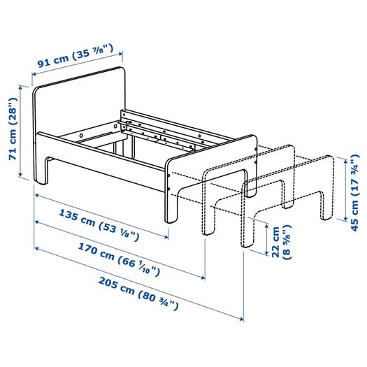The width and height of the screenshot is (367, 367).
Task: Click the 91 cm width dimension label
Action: pyautogui.click(x=75, y=56)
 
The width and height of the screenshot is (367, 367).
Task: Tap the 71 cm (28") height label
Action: pyautogui.click(x=13, y=129)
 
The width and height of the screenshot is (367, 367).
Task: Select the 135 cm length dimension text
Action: pyautogui.click(x=99, y=225)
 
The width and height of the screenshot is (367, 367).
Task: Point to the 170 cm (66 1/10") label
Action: pyautogui.click(x=119, y=259)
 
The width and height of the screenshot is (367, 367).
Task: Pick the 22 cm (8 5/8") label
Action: pyautogui.click(x=282, y=242)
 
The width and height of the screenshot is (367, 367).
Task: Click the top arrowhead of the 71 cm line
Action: pyautogui.click(x=20, y=87)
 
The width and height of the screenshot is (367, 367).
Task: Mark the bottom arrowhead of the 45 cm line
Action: pyautogui.click(x=345, y=219)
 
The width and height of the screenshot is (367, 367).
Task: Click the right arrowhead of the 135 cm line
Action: pyautogui.click(x=166, y=237)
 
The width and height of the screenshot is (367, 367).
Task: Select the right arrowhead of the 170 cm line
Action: pyautogui.click(x=203, y=278)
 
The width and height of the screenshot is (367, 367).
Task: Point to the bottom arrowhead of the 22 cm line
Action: pyautogui.click(x=266, y=253)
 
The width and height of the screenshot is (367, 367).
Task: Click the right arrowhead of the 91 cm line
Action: pyautogui.click(x=120, y=54)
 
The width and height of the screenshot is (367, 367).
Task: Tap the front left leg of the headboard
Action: pyautogui.click(x=41, y=171)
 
